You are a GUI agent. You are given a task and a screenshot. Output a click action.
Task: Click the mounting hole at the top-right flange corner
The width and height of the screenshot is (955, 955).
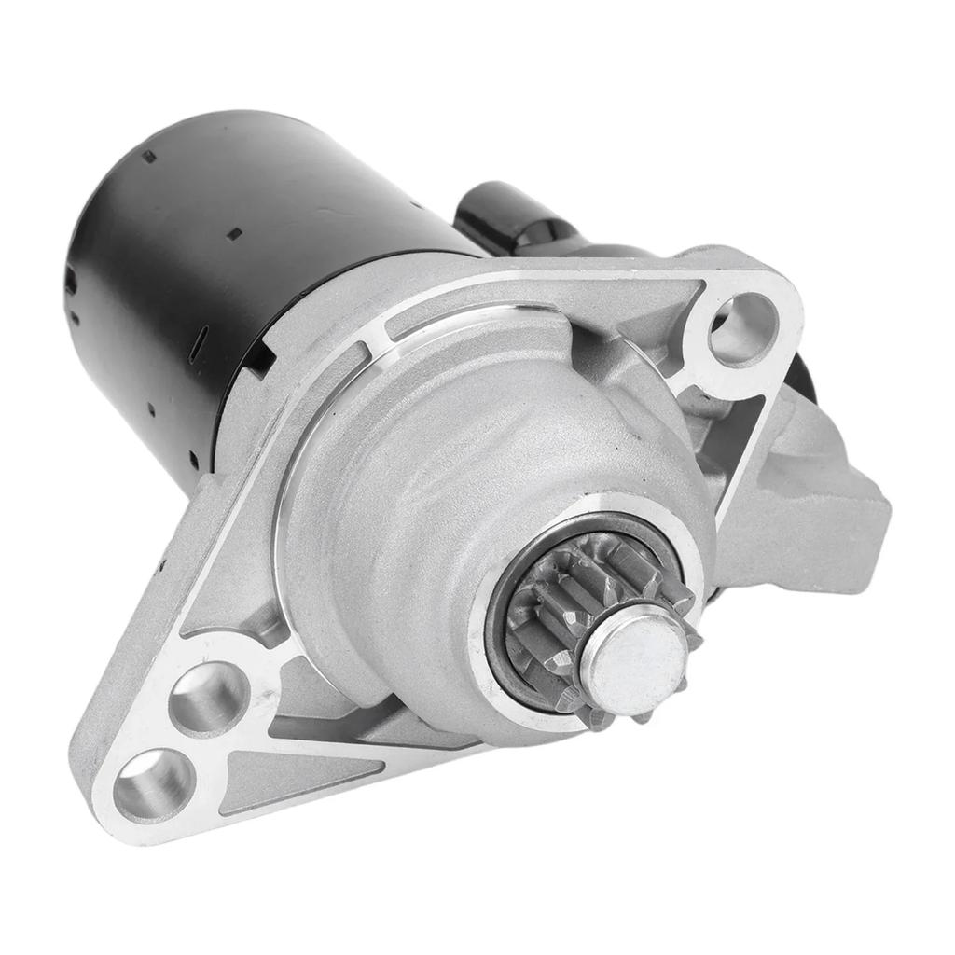point(743,328)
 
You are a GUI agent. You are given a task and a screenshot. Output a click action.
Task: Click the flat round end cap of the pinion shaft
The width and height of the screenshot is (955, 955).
point(634,658)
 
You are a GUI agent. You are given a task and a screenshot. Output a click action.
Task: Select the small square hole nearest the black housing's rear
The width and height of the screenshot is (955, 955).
point(148,157)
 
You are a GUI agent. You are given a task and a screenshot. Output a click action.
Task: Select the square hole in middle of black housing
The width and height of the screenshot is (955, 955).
point(234,233)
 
